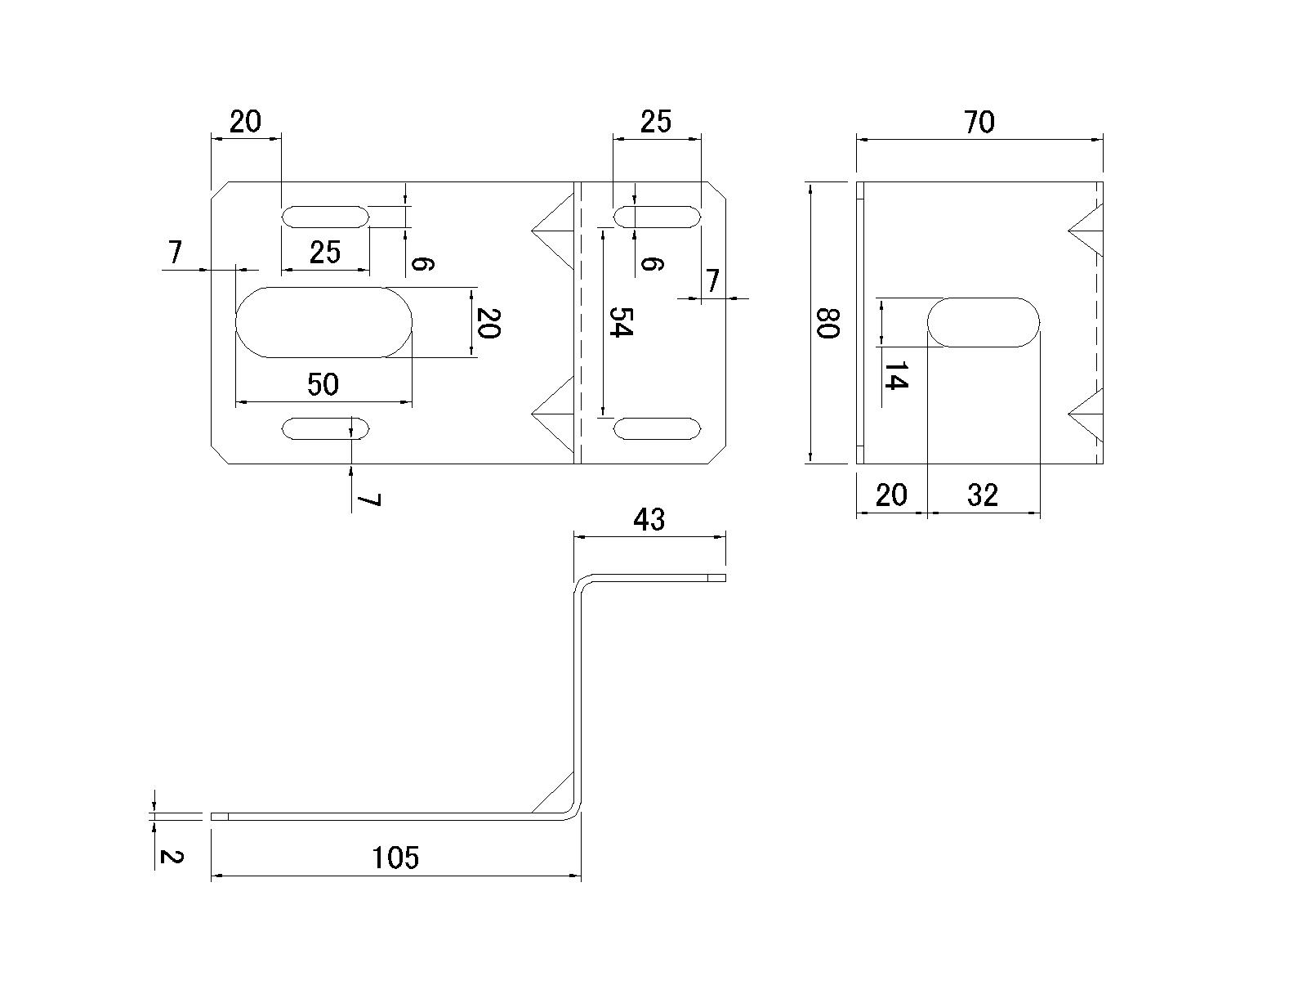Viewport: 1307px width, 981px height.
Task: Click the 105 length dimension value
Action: [395, 858]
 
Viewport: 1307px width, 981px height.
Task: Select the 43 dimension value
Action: [649, 520]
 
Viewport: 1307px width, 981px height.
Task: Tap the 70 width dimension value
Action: [979, 122]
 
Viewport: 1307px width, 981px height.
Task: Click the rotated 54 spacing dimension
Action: [621, 321]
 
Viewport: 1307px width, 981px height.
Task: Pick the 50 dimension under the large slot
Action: [323, 384]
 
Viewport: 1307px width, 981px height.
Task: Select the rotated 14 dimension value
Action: [895, 376]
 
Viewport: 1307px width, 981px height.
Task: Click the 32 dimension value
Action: [982, 495]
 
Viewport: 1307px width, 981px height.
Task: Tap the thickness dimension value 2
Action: [171, 857]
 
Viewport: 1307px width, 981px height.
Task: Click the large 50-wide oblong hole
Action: [323, 322]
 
